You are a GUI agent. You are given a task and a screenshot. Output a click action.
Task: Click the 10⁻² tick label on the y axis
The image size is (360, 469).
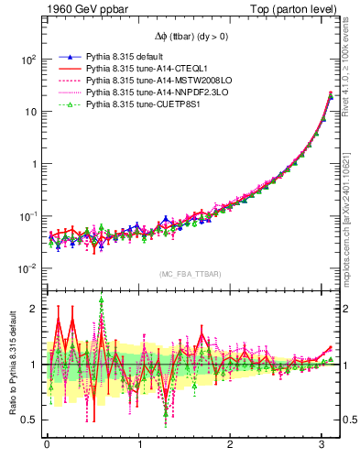(x=27, y=268)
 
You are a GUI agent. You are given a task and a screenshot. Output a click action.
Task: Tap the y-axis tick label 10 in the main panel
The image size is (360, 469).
(x=29, y=111)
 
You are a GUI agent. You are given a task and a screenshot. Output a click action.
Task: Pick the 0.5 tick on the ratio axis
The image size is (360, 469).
(x=31, y=420)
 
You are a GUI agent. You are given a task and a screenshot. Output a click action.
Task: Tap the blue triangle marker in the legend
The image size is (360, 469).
(x=71, y=55)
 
